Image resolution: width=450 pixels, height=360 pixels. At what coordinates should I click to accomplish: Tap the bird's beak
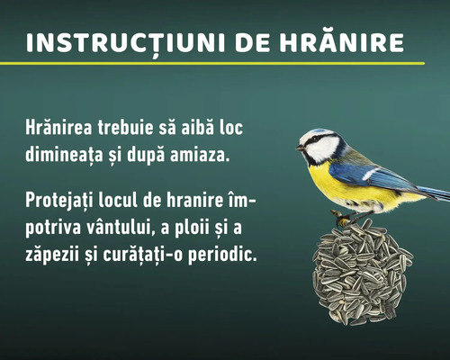tap(300, 147)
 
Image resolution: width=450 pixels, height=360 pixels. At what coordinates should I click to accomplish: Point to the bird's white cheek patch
tap(324, 148)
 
